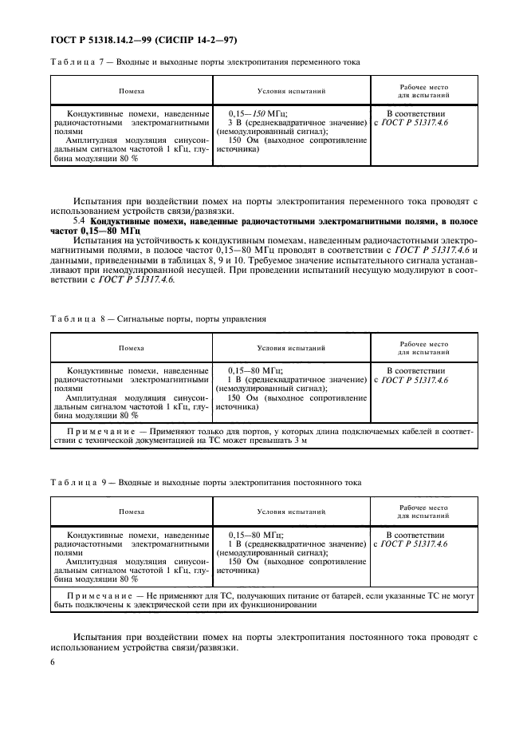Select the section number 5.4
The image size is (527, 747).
coord(80,220)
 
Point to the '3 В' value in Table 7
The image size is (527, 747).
coord(234,123)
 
